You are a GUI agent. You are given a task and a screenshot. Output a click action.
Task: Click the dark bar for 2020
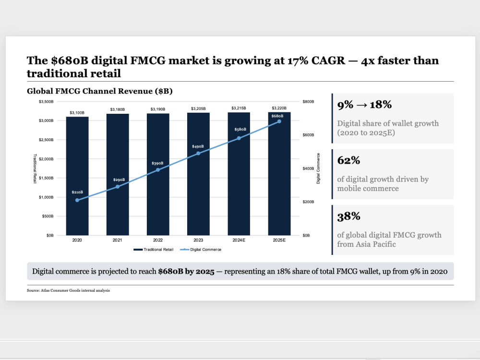77,176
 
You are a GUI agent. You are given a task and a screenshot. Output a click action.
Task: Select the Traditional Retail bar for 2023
198,174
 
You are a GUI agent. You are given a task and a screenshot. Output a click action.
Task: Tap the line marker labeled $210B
77,200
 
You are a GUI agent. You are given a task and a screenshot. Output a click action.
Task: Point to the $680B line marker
279,121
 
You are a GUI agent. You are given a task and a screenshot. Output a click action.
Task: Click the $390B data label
157,164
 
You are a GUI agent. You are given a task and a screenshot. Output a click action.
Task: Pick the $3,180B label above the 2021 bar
118,109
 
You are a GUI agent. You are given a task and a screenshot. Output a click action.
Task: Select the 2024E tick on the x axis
239,240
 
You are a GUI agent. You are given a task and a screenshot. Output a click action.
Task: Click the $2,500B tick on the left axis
46,140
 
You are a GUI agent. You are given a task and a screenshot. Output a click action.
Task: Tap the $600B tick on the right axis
308,135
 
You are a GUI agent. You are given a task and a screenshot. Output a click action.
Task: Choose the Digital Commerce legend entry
201,250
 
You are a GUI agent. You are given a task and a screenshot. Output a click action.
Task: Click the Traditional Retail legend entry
154,250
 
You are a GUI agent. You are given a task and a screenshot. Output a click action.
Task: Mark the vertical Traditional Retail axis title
35,168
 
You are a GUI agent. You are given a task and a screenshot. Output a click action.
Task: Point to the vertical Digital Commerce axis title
318,168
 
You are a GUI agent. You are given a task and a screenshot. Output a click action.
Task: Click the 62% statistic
348,160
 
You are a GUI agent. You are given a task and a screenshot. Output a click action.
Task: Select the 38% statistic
348,216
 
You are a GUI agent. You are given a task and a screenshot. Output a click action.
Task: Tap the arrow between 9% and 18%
361,105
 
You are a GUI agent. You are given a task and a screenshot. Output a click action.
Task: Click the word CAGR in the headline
328,60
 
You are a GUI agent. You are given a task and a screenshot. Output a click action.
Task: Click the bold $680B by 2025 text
186,272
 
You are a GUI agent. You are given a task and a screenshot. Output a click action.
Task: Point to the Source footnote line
68,290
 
